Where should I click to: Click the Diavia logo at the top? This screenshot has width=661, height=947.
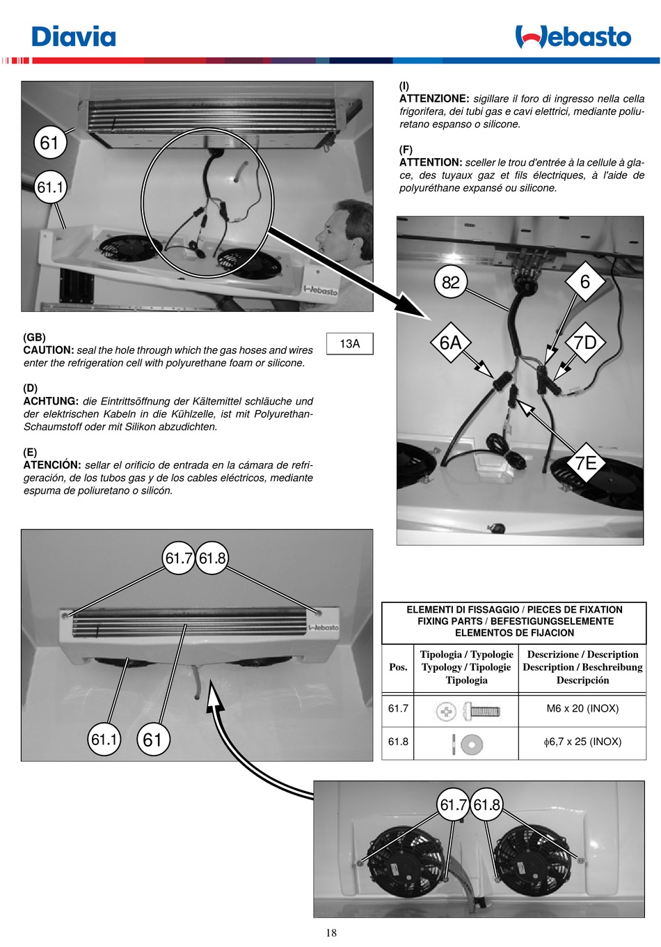(74, 36)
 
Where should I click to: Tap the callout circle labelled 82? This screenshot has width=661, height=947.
(450, 282)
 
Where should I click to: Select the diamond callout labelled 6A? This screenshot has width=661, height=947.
(450, 343)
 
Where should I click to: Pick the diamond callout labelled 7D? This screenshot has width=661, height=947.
(584, 343)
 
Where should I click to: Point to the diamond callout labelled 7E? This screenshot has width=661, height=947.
(585, 462)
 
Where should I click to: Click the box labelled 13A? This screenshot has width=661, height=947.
(349, 343)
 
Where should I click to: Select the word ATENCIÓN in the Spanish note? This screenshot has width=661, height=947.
(52, 465)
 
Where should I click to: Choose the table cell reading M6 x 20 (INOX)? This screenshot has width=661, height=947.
(582, 709)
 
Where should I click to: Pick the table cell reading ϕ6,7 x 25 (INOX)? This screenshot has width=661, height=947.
(582, 742)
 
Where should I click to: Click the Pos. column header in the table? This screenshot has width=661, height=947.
(398, 667)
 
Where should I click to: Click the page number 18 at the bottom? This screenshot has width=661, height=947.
(330, 933)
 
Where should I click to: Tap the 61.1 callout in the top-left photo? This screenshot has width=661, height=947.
(50, 187)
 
